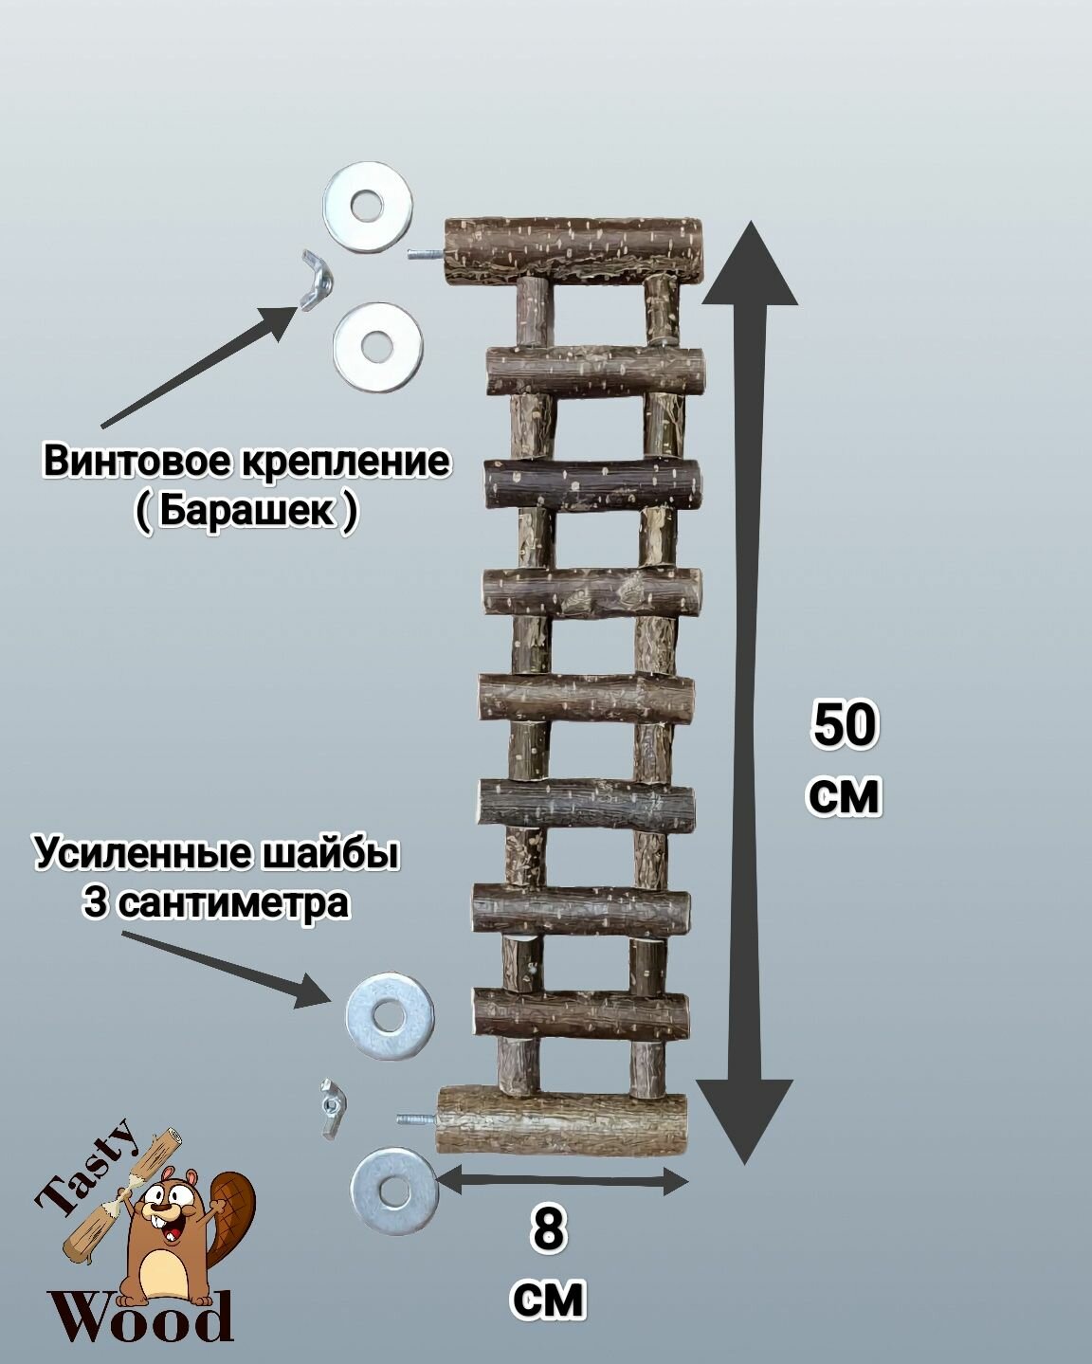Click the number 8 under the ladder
point(549,1231)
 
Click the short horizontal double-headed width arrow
point(563,1181)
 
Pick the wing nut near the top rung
point(315,280)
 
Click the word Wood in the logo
point(142,1319)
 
